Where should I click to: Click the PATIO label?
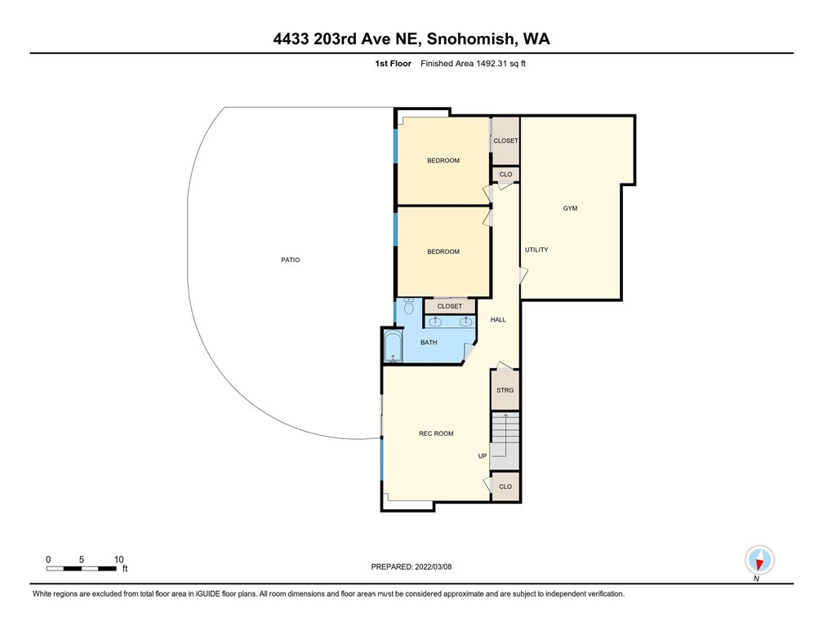pyautogui.click(x=291, y=260)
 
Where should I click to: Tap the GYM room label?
pyautogui.click(x=570, y=208)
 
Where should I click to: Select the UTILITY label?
pyautogui.click(x=536, y=250)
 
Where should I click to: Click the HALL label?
pyautogui.click(x=498, y=320)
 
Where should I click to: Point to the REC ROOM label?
pyautogui.click(x=436, y=433)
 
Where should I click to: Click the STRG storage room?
pyautogui.click(x=505, y=390)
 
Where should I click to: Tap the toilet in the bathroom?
pyautogui.click(x=409, y=305)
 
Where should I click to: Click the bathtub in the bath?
pyautogui.click(x=393, y=346)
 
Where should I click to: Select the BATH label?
pyautogui.click(x=429, y=343)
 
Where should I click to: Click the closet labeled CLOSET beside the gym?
pyautogui.click(x=505, y=140)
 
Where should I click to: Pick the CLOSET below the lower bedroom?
pyautogui.click(x=450, y=306)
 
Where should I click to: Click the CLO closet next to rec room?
pyautogui.click(x=505, y=486)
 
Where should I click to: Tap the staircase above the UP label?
pyautogui.click(x=505, y=441)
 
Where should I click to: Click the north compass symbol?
pyautogui.click(x=759, y=561)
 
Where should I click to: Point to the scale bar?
pyautogui.click(x=82, y=568)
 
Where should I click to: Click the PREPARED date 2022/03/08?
pyautogui.click(x=433, y=566)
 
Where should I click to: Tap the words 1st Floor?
pyautogui.click(x=394, y=64)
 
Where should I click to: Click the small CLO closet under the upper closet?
pyautogui.click(x=505, y=174)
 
